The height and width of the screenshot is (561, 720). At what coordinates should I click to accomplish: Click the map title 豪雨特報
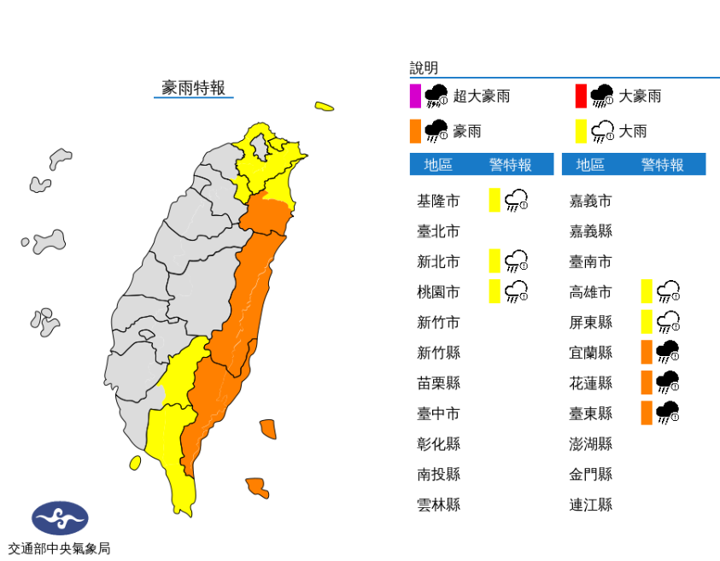(x=194, y=87)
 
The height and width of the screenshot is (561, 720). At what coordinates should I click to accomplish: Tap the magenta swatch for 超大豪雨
(x=415, y=96)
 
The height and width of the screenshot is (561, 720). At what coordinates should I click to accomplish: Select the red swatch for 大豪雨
(x=581, y=96)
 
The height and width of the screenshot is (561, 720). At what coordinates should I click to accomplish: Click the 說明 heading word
(x=424, y=68)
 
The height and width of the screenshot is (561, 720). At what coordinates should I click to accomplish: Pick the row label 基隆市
(x=438, y=202)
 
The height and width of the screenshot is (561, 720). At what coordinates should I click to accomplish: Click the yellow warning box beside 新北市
(x=495, y=260)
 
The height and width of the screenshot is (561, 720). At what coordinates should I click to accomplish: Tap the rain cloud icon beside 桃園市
(x=516, y=292)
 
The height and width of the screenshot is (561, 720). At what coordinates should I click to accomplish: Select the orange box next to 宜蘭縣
(x=647, y=352)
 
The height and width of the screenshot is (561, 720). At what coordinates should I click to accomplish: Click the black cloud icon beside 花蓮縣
(x=668, y=382)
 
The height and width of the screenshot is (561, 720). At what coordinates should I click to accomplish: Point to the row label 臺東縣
(x=591, y=413)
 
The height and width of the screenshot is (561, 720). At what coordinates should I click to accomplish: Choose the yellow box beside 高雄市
(x=647, y=291)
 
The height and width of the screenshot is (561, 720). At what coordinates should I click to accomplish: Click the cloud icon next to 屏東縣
(x=668, y=322)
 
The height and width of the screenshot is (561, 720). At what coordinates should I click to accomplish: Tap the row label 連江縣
(x=591, y=505)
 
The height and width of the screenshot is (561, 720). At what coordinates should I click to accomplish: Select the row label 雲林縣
(x=438, y=505)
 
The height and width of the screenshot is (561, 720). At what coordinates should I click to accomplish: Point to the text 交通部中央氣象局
(x=59, y=548)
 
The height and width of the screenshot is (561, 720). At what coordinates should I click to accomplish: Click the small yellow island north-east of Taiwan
(x=324, y=107)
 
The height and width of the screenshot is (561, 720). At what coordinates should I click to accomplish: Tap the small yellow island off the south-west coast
(x=135, y=463)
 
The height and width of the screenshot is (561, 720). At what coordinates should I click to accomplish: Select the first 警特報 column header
(x=510, y=165)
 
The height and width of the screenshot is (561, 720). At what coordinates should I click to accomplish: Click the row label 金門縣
(x=591, y=474)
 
